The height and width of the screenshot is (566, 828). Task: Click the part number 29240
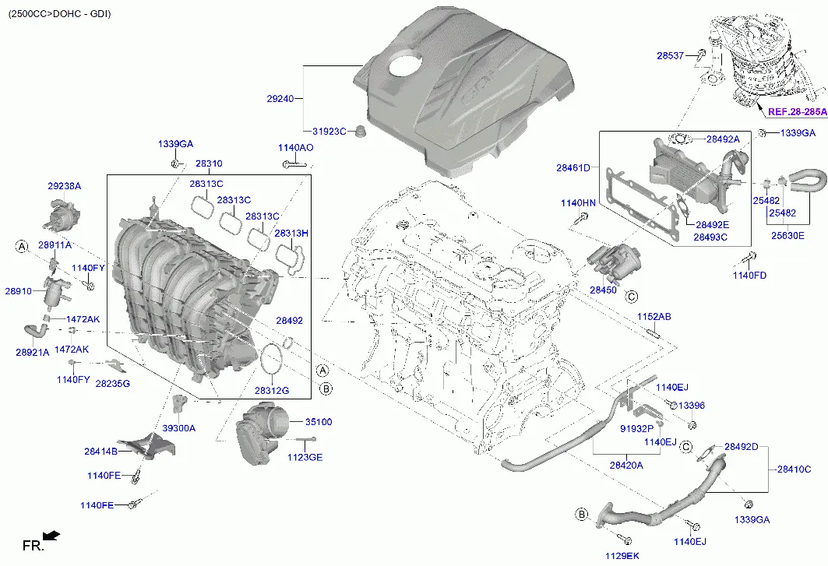pyautogui.click(x=280, y=99)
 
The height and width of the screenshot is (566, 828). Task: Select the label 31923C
pyautogui.click(x=323, y=132)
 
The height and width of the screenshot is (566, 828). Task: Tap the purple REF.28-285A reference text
pyautogui.click(x=796, y=112)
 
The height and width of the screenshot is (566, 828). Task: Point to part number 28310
pyautogui.click(x=209, y=164)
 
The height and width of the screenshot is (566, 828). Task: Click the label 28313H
pyautogui.click(x=291, y=233)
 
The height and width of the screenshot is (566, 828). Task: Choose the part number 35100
pyautogui.click(x=318, y=422)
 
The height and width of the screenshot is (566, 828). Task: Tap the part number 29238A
pyautogui.click(x=64, y=186)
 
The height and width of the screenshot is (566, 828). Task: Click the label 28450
pyautogui.click(x=603, y=290)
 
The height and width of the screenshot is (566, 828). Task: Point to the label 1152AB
pyautogui.click(x=654, y=317)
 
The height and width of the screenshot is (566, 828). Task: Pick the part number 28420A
pyautogui.click(x=626, y=465)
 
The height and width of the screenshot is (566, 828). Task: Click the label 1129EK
pyautogui.click(x=622, y=555)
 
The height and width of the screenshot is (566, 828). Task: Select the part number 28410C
pyautogui.click(x=794, y=469)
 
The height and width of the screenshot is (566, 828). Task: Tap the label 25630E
pyautogui.click(x=787, y=235)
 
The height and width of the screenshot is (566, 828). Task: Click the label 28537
pyautogui.click(x=670, y=55)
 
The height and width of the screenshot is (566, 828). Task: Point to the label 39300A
pyautogui.click(x=178, y=428)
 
